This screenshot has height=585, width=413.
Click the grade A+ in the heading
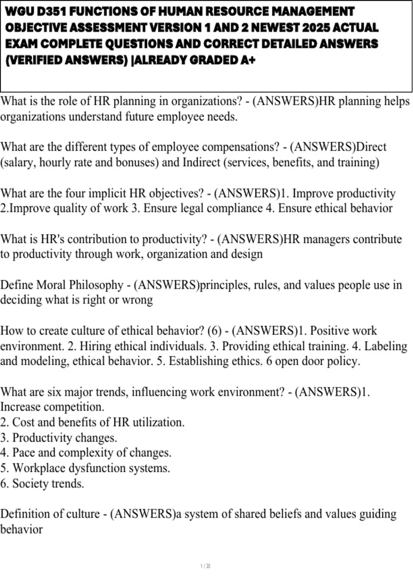click(248, 60)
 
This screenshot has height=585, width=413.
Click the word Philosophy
click(97, 285)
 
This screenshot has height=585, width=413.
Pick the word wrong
click(139, 300)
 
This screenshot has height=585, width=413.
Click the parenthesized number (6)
click(214, 331)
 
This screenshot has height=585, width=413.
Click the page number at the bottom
click(205, 566)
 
